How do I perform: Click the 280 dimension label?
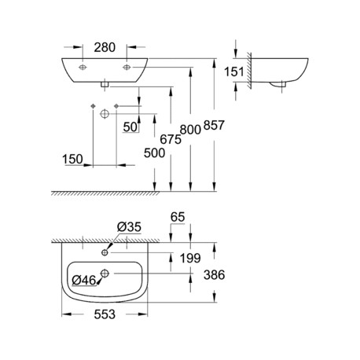click(x=105, y=47)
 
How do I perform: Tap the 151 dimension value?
click(x=234, y=72)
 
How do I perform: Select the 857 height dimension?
click(x=214, y=125)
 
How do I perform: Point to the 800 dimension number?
click(x=190, y=130)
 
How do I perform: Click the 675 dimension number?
click(x=171, y=139)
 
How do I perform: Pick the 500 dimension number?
click(x=154, y=153)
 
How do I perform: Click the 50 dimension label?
click(x=130, y=127)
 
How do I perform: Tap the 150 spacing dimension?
click(x=72, y=159)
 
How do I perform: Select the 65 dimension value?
click(x=178, y=217)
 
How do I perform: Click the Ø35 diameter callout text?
click(x=129, y=227)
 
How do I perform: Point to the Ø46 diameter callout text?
click(x=84, y=281)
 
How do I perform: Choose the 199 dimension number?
click(x=190, y=259)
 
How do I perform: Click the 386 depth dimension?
click(x=215, y=275)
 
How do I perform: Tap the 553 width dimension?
click(x=105, y=314)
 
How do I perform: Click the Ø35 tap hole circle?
click(x=105, y=252)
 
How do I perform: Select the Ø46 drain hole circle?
click(x=105, y=274)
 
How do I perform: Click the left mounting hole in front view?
click(x=83, y=68)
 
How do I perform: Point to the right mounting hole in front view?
click(x=127, y=68)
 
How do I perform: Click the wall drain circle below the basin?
click(x=105, y=114)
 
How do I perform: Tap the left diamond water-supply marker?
click(x=93, y=106)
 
